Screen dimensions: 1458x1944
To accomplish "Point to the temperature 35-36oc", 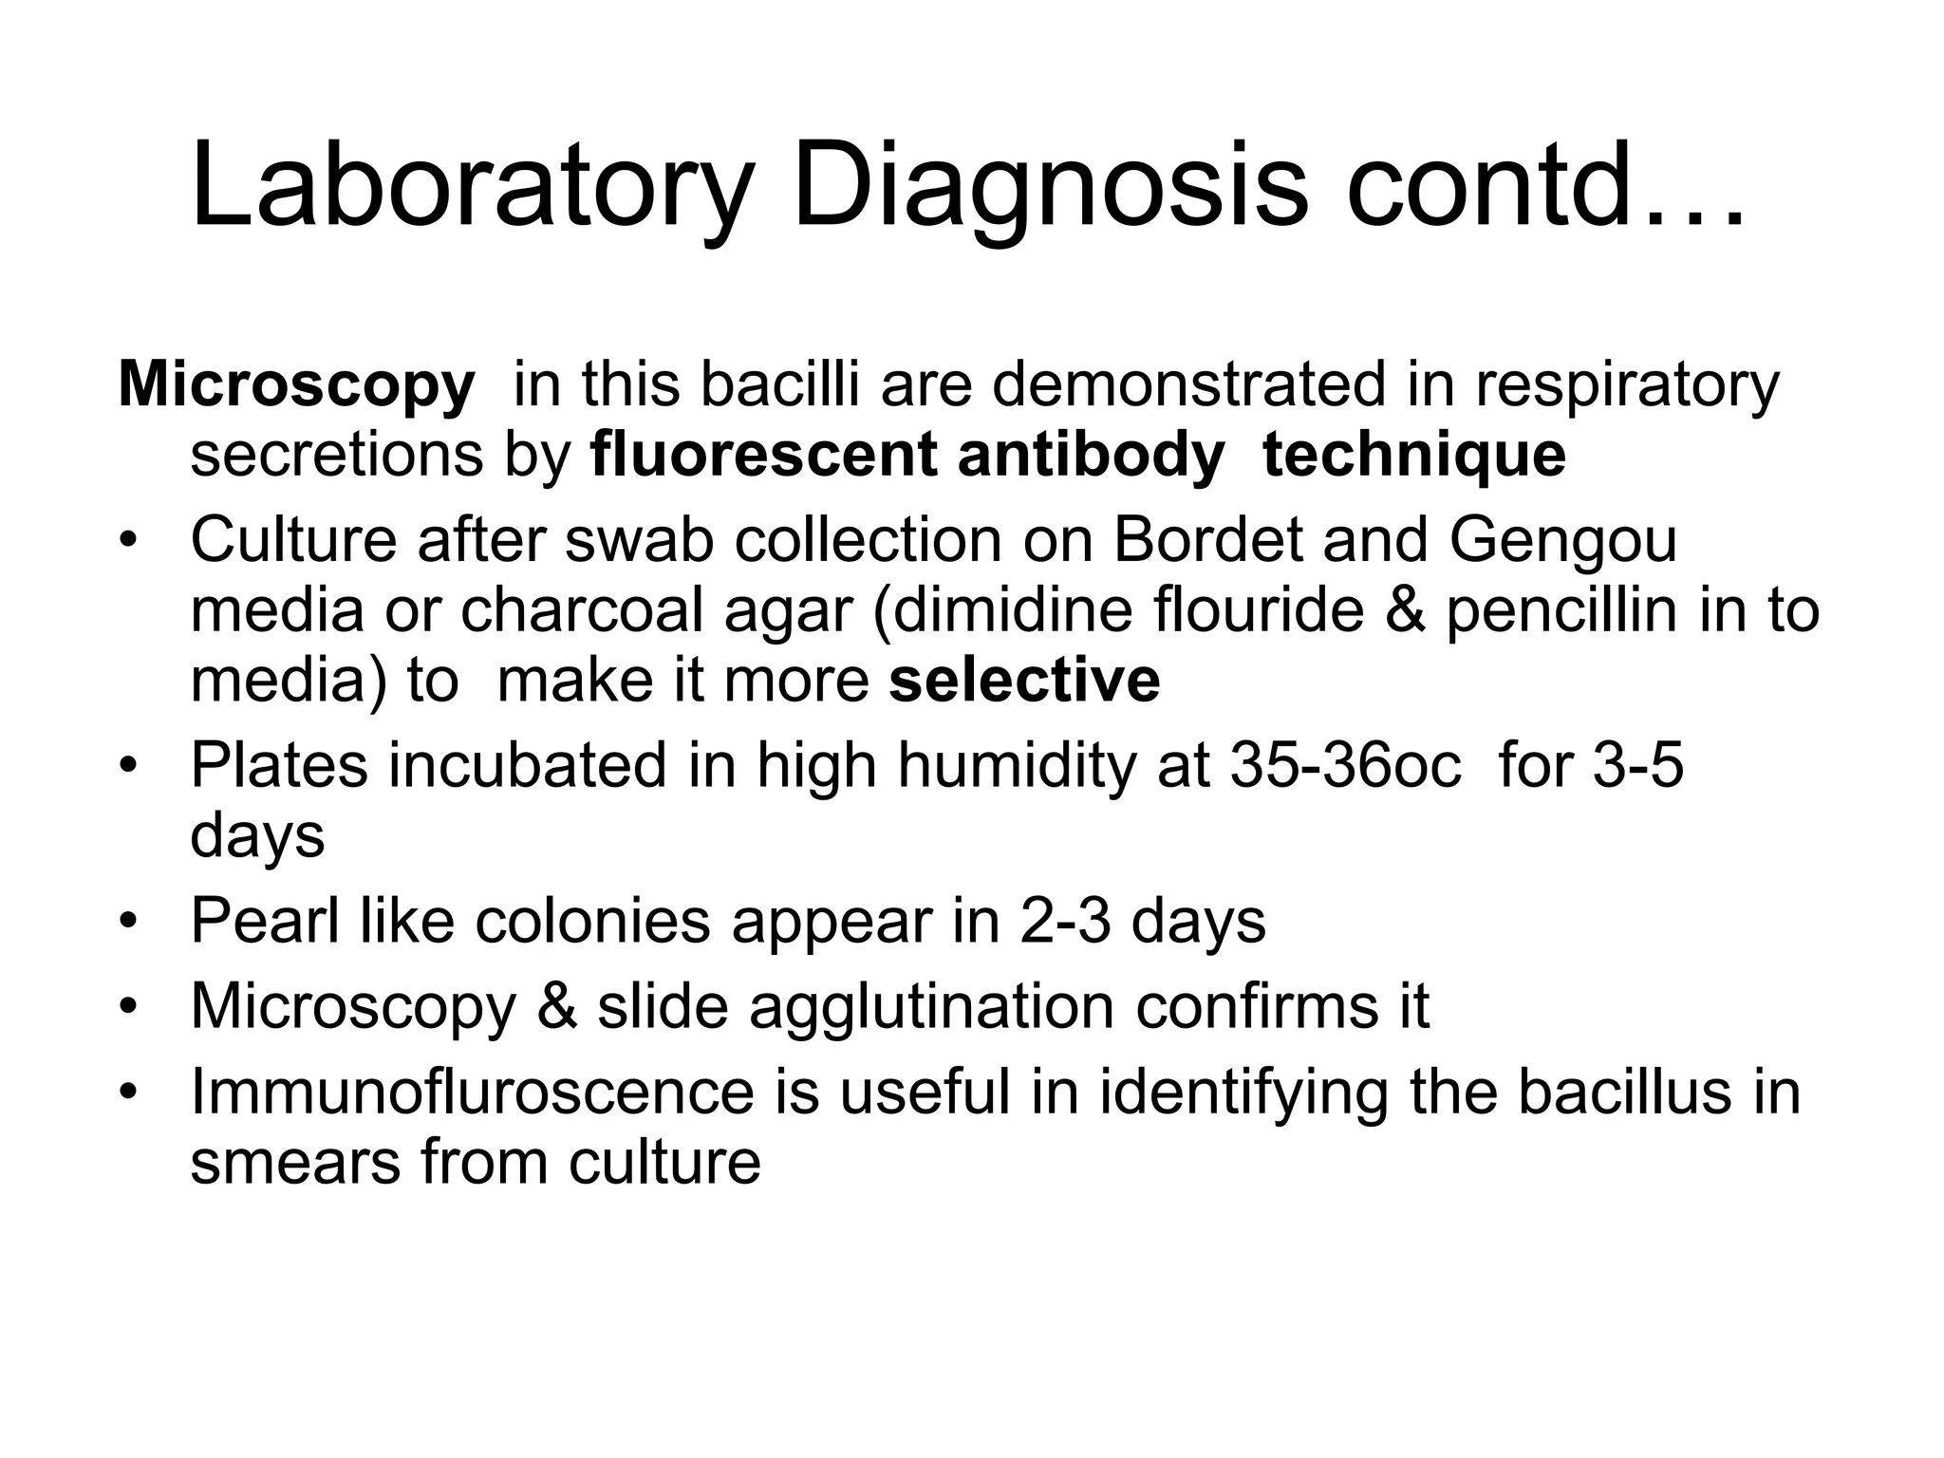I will [1346, 765].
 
